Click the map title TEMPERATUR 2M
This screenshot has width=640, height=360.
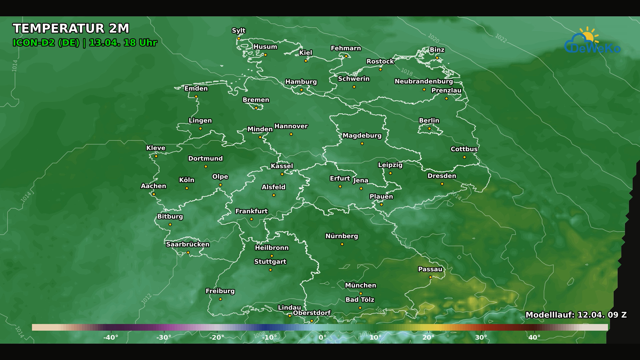point(71,29)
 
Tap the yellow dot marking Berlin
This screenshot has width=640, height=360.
point(429,129)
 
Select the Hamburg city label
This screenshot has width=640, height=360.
point(301,82)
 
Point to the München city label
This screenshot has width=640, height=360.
point(361,285)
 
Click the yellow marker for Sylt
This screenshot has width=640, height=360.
point(239,39)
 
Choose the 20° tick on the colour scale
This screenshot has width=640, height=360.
point(428,337)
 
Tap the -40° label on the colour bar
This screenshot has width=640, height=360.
point(111,337)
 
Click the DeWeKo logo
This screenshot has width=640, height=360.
point(592,42)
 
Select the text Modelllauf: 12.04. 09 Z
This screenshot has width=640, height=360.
point(576,315)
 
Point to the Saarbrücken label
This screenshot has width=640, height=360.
point(188,244)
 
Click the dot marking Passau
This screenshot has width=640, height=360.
point(430,277)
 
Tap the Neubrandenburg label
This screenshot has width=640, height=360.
point(424,81)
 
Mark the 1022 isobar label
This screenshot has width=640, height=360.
point(501,38)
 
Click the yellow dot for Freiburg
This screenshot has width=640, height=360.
point(220,299)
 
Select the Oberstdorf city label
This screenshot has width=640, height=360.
point(312,313)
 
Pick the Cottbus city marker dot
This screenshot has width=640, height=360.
point(464,157)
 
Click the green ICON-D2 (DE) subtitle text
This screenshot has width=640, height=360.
point(46,43)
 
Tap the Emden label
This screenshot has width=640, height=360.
point(196,89)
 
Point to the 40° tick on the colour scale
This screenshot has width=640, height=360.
point(534,337)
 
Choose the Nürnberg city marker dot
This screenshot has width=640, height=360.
point(342,244)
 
